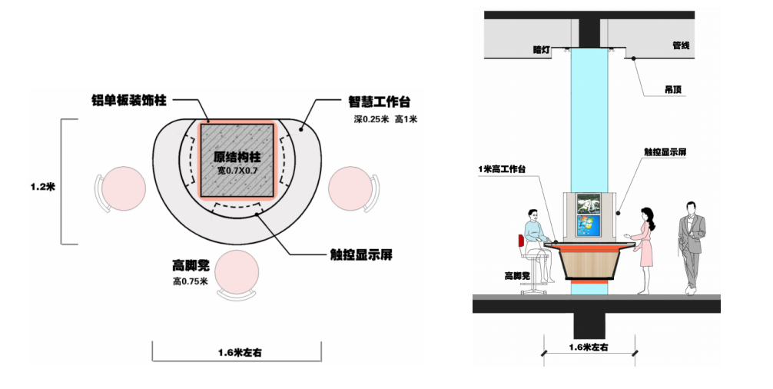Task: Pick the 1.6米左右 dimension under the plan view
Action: click(x=237, y=353)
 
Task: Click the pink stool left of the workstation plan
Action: click(x=124, y=189)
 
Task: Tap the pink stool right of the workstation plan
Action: click(x=350, y=189)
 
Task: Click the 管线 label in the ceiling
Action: click(x=681, y=45)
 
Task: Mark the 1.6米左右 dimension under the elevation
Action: click(x=589, y=347)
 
